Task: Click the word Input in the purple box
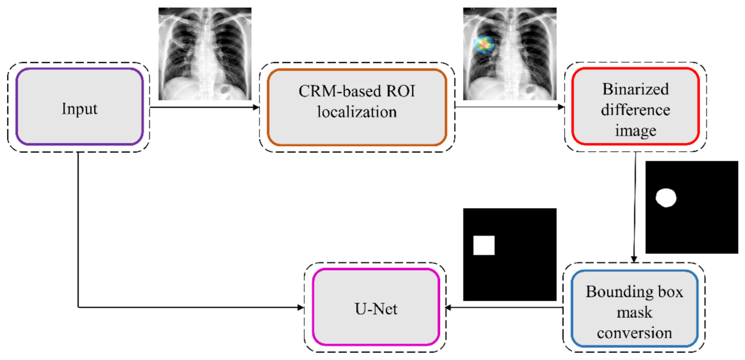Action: [x=79, y=109]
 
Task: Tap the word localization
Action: [x=357, y=112]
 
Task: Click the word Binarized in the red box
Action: [x=635, y=89]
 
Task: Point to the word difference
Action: [x=635, y=110]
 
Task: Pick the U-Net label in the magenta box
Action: [x=376, y=309]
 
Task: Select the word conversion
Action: [x=634, y=333]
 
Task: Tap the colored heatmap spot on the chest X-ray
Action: [x=484, y=44]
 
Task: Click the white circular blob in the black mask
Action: [x=666, y=198]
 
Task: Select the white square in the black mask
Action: [x=484, y=245]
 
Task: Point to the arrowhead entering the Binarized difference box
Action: [x=561, y=107]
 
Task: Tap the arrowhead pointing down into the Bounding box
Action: [x=634, y=259]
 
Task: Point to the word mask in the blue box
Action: [x=634, y=312]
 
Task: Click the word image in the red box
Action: [x=635, y=130]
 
